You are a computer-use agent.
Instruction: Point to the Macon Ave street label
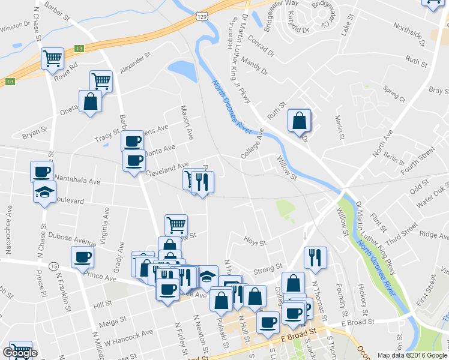pyautogui.click(x=187, y=120)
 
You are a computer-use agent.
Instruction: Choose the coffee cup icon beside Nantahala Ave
pyautogui.click(x=42, y=172)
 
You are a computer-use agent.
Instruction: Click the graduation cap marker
pyautogui.click(x=44, y=193)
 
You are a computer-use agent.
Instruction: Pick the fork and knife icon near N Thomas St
pyautogui.click(x=315, y=257)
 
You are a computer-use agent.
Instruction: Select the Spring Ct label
pyautogui.click(x=394, y=94)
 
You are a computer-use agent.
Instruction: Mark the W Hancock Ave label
pyautogui.click(x=128, y=338)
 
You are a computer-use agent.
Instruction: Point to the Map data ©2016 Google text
pyautogui.click(x=409, y=355)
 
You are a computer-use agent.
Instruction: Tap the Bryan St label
pyautogui.click(x=35, y=131)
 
